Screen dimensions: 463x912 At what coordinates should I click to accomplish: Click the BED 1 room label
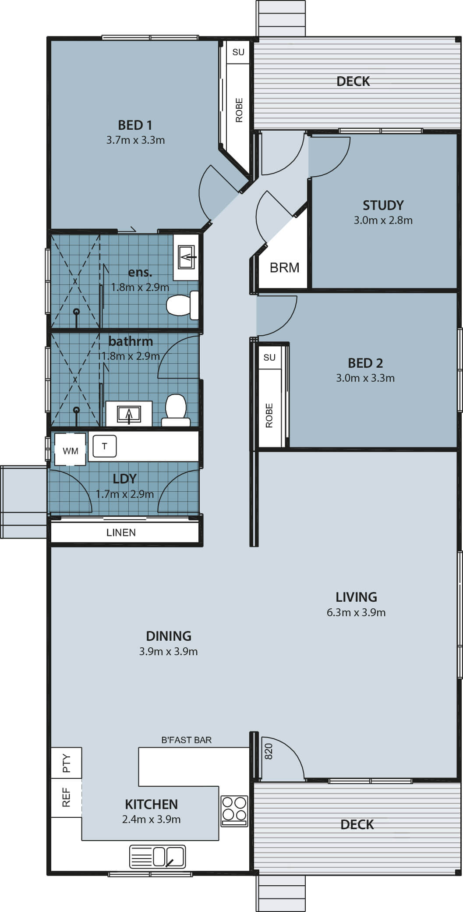(x=135, y=125)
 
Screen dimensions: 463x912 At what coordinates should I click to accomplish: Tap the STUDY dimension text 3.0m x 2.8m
(x=383, y=220)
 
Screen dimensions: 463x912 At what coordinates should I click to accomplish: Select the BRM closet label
(x=285, y=267)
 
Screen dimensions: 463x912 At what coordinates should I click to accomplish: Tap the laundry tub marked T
(x=105, y=447)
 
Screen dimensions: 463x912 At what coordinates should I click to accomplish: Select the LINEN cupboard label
(x=121, y=532)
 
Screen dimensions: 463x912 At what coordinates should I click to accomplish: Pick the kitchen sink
(x=158, y=856)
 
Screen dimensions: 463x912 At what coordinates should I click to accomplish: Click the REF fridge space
(x=67, y=797)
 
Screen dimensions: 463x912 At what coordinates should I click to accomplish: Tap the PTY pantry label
(x=67, y=763)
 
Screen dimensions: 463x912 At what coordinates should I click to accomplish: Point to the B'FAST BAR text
(x=187, y=740)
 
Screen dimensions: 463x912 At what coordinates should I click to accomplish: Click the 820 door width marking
(x=269, y=751)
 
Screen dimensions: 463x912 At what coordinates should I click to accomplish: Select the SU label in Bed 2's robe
(x=269, y=358)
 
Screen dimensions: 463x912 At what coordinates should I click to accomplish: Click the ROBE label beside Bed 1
(x=239, y=110)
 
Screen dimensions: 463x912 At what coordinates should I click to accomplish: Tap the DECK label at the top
(x=353, y=81)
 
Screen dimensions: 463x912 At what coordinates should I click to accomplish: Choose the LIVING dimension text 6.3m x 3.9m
(x=356, y=613)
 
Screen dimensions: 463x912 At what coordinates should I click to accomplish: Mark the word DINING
(x=169, y=636)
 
